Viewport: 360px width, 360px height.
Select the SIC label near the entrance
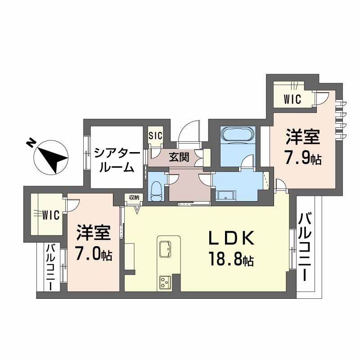[x=156, y=135]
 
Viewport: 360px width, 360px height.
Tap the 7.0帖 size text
[x=94, y=255]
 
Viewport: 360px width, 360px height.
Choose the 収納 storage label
[x=134, y=197]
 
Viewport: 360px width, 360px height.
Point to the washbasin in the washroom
[x=225, y=195]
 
